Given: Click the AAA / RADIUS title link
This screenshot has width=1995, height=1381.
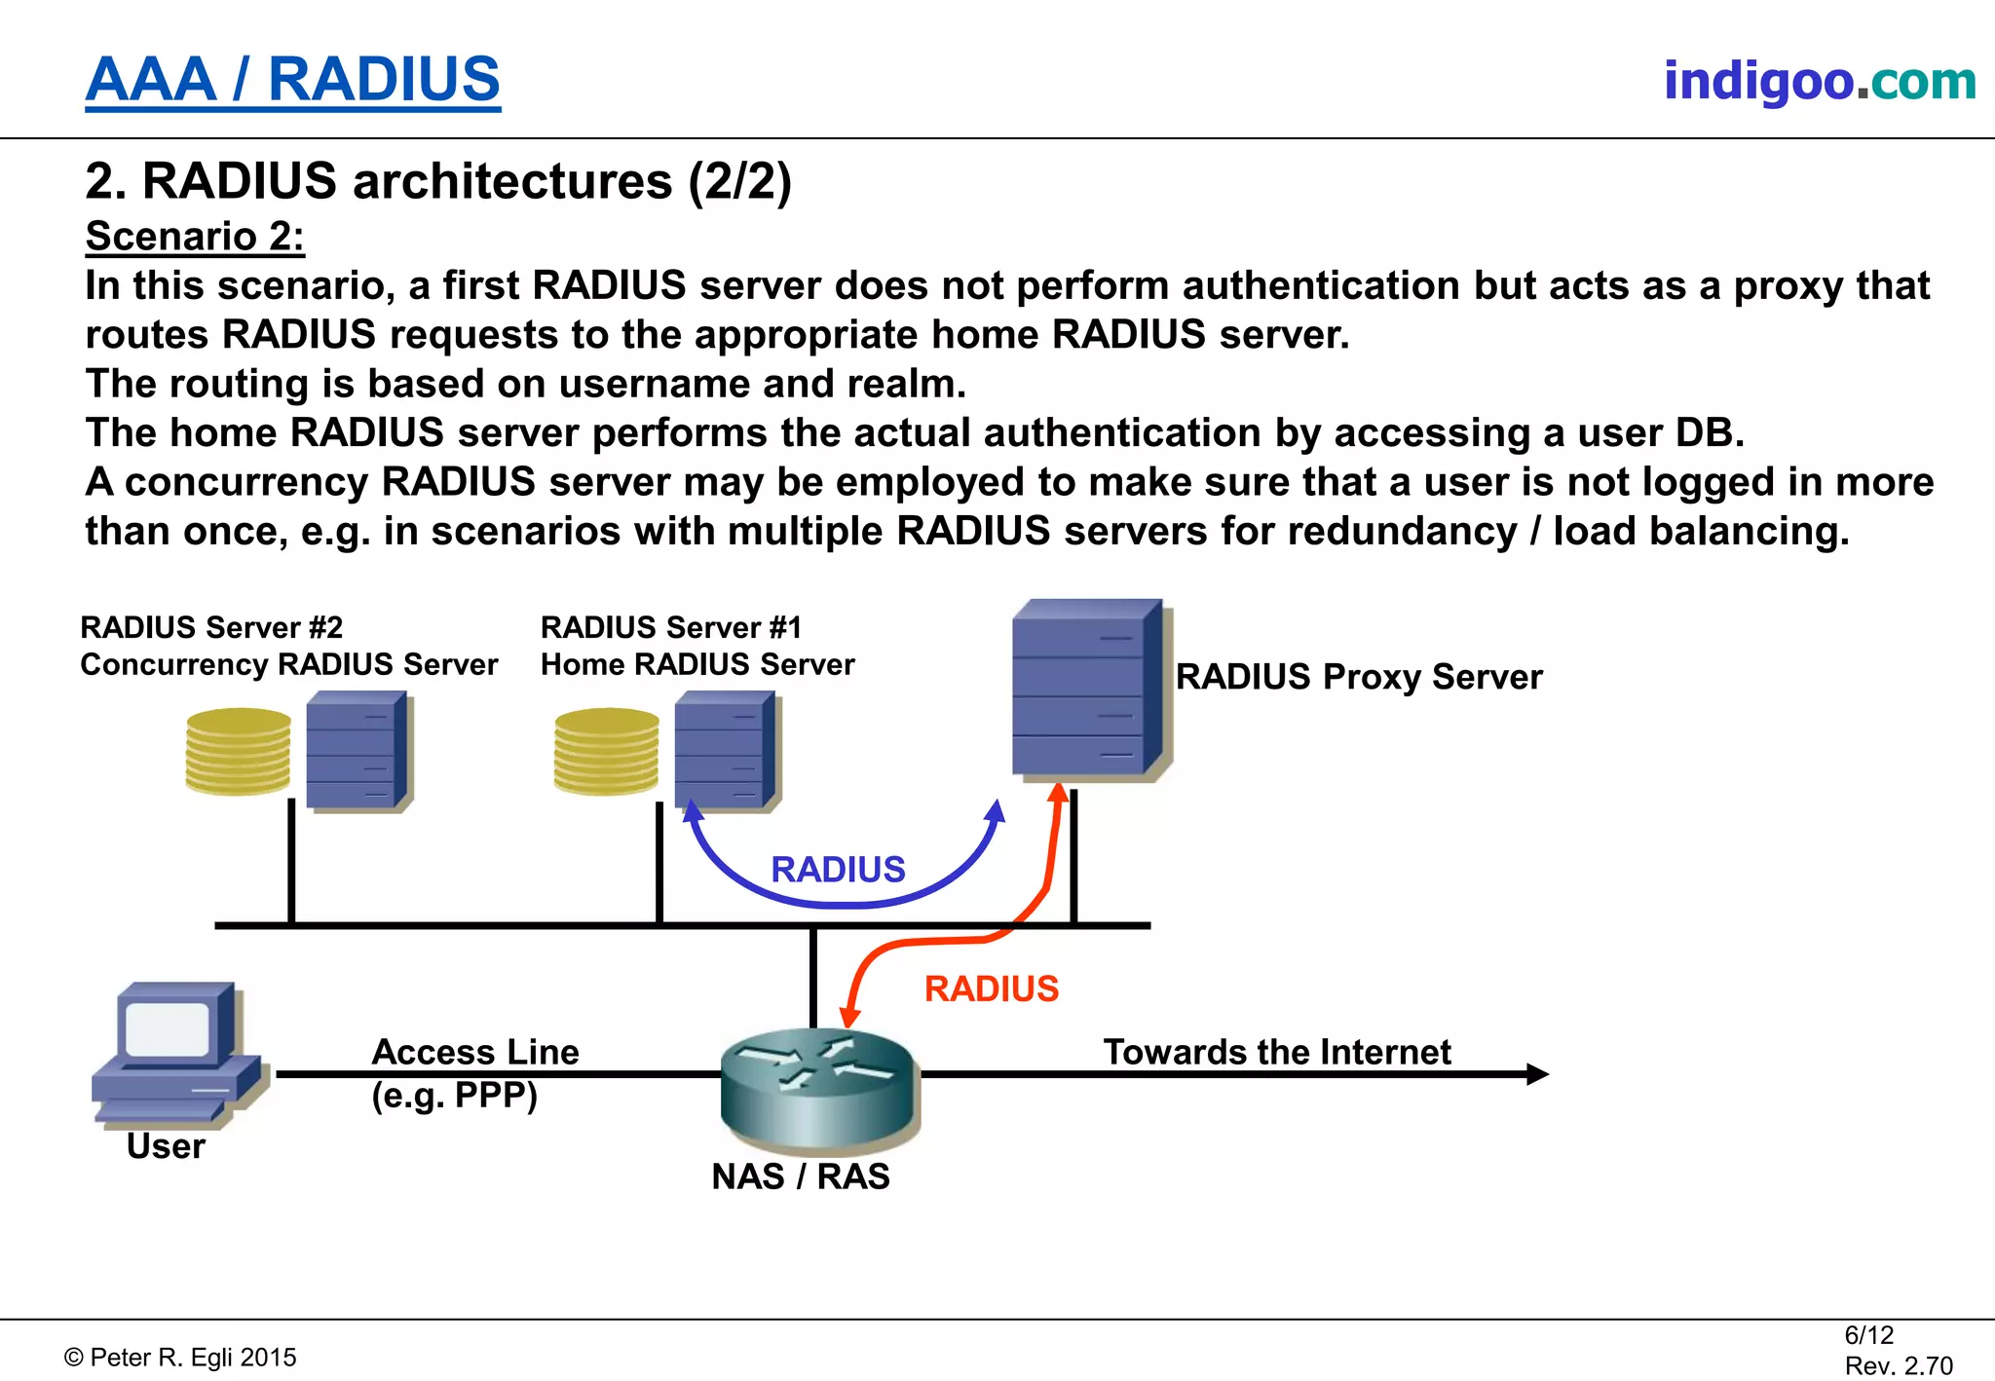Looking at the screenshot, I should [292, 80].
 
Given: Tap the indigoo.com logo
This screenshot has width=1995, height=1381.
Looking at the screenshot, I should [1819, 81].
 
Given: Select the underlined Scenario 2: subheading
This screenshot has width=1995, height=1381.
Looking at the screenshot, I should [195, 237].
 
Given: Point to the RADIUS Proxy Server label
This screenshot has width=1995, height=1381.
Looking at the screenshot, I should [1358, 677].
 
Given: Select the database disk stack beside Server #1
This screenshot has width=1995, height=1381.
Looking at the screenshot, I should [606, 751].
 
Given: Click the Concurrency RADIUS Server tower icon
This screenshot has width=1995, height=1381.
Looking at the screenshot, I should [358, 750].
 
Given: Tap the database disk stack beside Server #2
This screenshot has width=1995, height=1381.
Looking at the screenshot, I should [239, 751].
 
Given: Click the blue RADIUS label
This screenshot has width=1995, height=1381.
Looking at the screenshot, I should [838, 870].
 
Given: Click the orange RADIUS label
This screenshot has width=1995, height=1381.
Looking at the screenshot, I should [991, 989].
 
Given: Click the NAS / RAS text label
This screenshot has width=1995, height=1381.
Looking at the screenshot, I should [801, 1176].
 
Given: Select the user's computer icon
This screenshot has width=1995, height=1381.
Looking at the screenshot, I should [175, 1052].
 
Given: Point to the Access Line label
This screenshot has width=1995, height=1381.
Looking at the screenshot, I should [474, 1053].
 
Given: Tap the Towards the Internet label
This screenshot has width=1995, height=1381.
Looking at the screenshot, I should [1276, 1053].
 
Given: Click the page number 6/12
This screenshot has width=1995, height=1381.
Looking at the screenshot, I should [1868, 1335].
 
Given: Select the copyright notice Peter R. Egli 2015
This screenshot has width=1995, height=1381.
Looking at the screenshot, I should [181, 1358].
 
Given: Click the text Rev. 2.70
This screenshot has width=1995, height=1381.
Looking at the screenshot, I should [1898, 1365].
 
